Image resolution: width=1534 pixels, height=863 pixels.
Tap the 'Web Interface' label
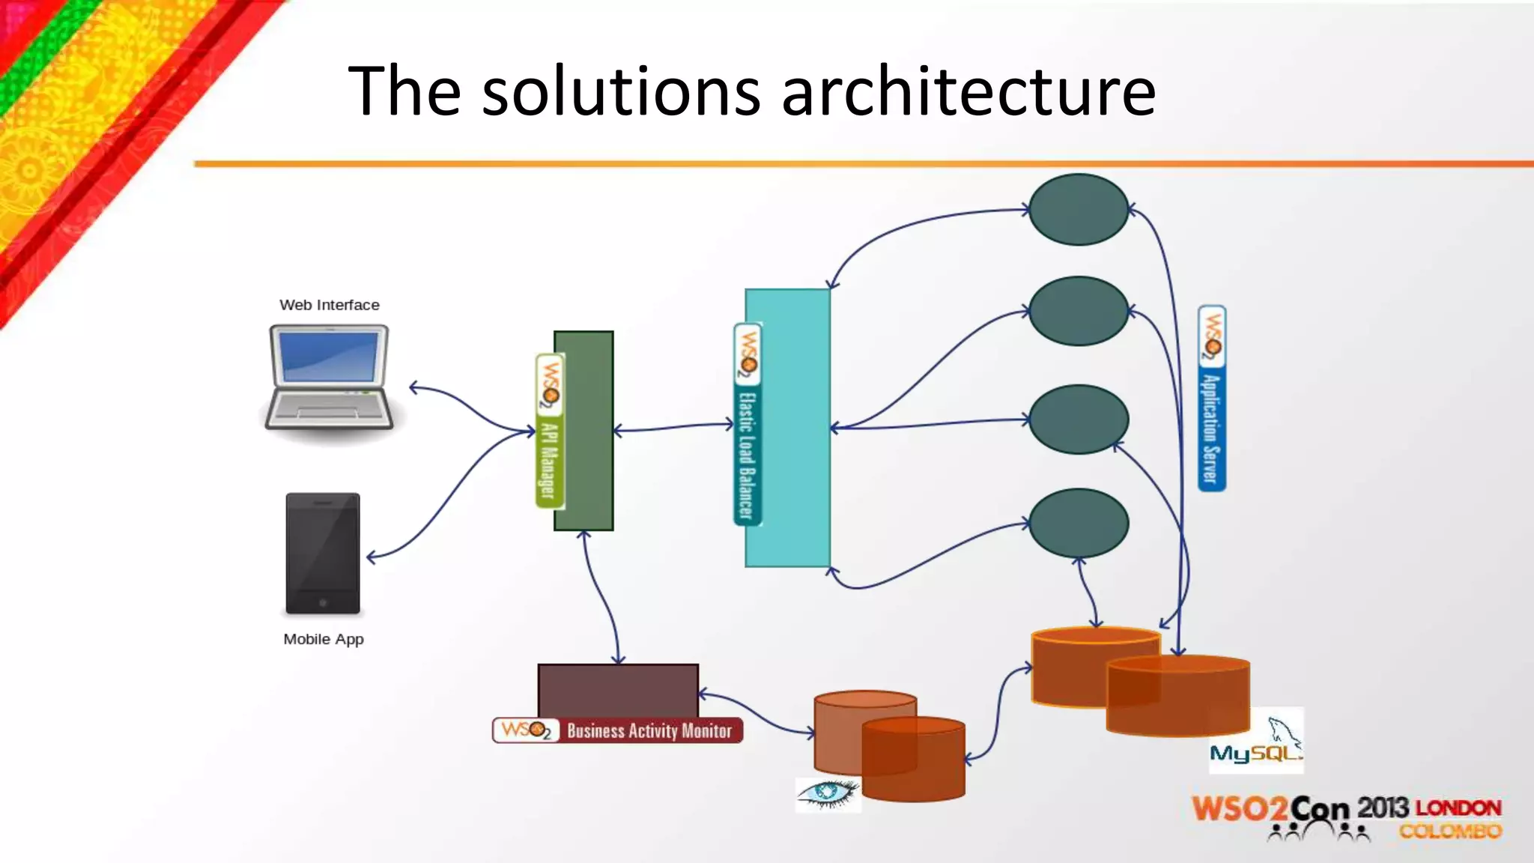pos(329,305)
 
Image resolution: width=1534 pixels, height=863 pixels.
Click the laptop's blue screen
pos(330,357)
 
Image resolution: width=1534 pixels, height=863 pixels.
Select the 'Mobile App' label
pos(324,639)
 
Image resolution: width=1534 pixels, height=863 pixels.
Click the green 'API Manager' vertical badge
pos(549,431)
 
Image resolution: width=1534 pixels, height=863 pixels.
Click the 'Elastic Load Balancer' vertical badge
pos(747,425)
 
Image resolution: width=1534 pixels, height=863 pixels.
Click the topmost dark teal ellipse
pos(1078,210)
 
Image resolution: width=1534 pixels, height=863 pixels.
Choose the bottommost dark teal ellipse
pos(1078,523)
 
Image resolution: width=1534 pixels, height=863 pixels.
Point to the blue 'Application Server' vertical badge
pos(1211,399)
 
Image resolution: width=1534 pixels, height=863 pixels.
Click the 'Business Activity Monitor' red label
pos(649,730)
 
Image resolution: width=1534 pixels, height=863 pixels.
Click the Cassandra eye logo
pos(828,794)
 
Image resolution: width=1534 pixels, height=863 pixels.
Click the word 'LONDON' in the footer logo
pos(1458,808)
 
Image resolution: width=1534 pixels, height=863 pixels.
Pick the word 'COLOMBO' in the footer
pos(1450,832)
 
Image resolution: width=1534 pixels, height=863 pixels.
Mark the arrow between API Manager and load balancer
pos(673,427)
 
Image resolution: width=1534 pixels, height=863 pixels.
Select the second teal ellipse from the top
pos(1078,311)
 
